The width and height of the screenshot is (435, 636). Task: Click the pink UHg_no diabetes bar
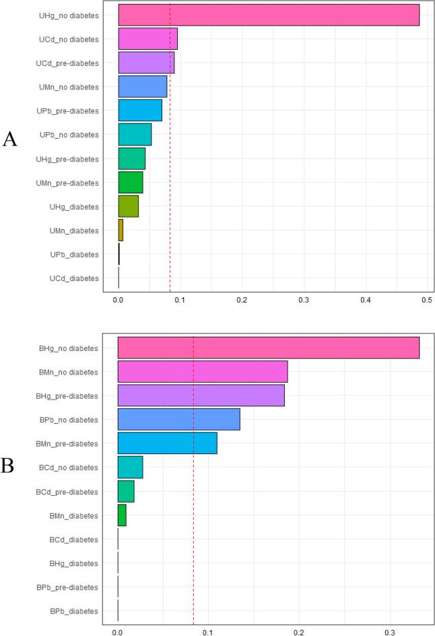coord(269,15)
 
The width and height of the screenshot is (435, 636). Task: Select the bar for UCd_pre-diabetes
coord(146,63)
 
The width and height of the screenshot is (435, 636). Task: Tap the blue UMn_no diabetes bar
coord(142,87)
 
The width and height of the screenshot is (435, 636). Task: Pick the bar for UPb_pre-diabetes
coord(140,110)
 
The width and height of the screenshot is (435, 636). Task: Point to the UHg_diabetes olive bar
coord(128,206)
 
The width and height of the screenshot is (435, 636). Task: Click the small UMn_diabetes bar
coord(121,230)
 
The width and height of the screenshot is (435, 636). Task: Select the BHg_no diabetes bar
coord(269,348)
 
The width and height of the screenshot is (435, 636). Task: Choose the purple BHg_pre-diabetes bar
coord(201,395)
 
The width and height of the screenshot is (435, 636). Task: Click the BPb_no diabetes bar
coord(178,419)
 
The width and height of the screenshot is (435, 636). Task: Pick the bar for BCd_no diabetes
coord(130,467)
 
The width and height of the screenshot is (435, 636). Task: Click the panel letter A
coord(10,139)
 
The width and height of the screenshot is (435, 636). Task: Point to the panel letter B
coord(9,466)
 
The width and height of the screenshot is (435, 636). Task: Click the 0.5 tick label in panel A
coord(427,300)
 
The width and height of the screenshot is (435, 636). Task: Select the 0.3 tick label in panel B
coord(390,633)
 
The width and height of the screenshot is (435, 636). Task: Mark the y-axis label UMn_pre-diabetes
coord(66,183)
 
